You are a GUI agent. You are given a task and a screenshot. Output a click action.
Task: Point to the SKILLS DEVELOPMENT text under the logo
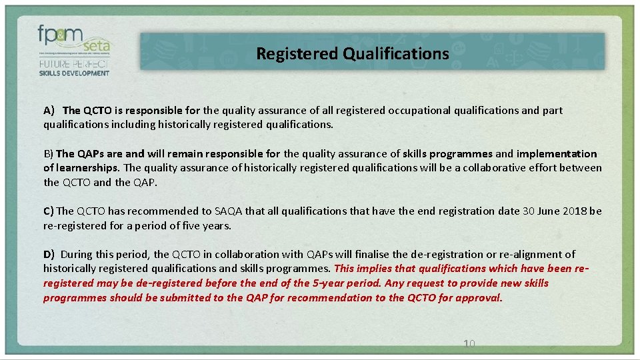point(74,73)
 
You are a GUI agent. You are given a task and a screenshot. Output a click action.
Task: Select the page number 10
point(469,344)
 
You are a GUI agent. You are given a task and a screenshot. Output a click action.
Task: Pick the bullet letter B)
point(49,154)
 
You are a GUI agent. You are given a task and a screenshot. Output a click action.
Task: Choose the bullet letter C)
point(49,211)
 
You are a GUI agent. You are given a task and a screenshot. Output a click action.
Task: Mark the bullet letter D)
point(49,255)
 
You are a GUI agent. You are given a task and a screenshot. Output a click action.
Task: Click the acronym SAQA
point(228,211)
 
